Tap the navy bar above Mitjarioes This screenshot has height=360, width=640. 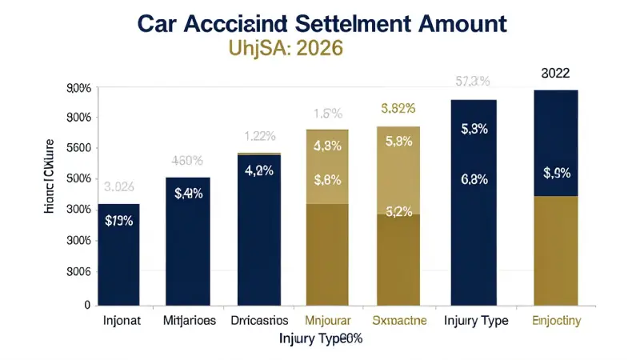pyautogui.click(x=187, y=240)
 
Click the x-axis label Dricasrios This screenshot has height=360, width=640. pyautogui.click(x=258, y=321)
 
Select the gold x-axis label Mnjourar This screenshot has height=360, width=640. pyautogui.click(x=326, y=321)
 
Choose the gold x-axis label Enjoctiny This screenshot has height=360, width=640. pyautogui.click(x=556, y=321)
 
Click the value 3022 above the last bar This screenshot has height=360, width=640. pyautogui.click(x=555, y=74)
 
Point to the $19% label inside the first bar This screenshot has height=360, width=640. pyautogui.click(x=118, y=221)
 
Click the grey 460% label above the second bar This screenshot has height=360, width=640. pyautogui.click(x=188, y=160)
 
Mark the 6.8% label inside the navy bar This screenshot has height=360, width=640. pyautogui.click(x=474, y=180)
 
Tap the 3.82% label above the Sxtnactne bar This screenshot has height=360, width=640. pyautogui.click(x=398, y=108)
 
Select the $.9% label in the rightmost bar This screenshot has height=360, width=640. pyautogui.click(x=555, y=172)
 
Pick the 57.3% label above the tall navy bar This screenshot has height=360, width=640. pyautogui.click(x=473, y=82)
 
